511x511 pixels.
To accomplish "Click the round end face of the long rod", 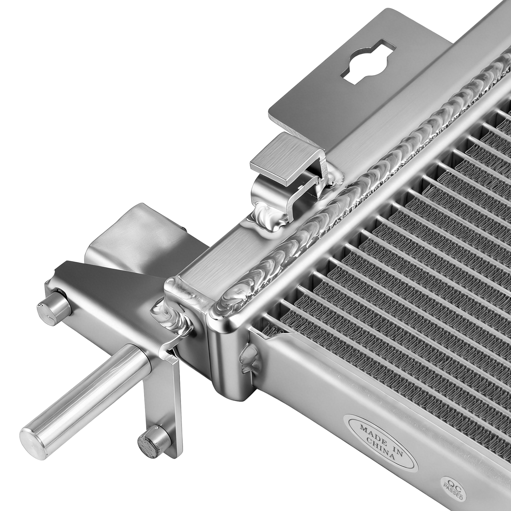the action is [x=31, y=437].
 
